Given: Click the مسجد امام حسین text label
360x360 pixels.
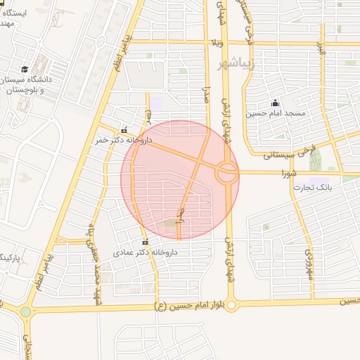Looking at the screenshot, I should pos(275,112).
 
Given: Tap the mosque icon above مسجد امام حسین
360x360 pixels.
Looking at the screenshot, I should pos(274,103).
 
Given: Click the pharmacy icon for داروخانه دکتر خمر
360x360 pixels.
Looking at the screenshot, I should pos(124,130).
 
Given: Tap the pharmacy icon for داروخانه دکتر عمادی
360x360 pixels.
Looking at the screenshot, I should pos(145,242).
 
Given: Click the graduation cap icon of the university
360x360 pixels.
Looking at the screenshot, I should pos(25,69).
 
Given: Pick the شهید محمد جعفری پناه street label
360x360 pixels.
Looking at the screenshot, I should pos(91,264).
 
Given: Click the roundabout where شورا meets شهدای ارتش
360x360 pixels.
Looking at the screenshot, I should pos(226,172).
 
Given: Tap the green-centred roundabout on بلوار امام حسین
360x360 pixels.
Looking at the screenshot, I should pos(26,311).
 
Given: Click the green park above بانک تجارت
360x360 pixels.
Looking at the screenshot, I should pos(315,160).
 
